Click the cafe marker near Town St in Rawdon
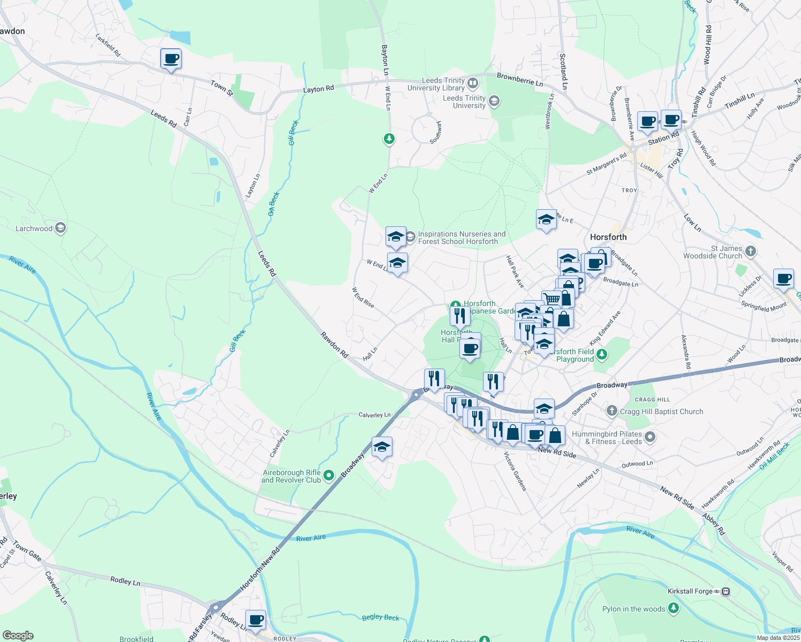(x=171, y=59)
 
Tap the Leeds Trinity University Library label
(x=436, y=85)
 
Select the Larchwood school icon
(x=61, y=228)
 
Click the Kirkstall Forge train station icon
(x=726, y=591)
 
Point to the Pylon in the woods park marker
(x=674, y=608)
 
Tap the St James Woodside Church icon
(x=751, y=251)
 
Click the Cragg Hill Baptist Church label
(x=661, y=411)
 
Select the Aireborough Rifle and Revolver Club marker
(x=329, y=475)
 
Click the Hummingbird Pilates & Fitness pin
(x=650, y=437)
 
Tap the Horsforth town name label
(x=608, y=237)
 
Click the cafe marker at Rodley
(x=255, y=620)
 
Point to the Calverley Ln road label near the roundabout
(x=374, y=415)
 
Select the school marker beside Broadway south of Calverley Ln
(x=382, y=447)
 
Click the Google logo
(x=18, y=636)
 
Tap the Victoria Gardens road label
(x=515, y=471)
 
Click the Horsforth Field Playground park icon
(x=602, y=354)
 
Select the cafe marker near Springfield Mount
(x=783, y=278)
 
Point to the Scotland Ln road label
(x=563, y=71)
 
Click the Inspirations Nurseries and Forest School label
(x=461, y=238)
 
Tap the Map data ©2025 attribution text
(x=778, y=638)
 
